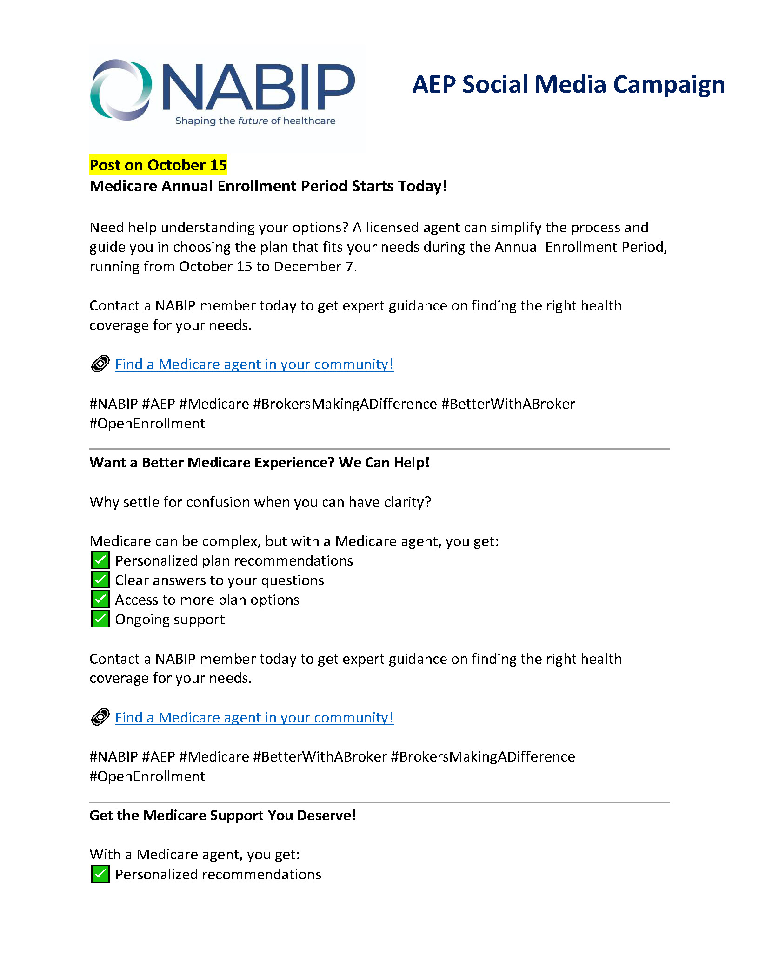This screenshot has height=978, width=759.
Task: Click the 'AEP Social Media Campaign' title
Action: tap(568, 85)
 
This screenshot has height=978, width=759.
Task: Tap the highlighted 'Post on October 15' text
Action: tap(158, 165)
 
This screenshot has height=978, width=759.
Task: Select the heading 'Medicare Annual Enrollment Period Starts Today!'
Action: tap(268, 186)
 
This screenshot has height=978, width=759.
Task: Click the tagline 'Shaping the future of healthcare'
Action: tap(255, 121)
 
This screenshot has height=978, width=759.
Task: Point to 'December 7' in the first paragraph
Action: tap(314, 267)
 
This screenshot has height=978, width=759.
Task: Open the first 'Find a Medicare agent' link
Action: tap(254, 364)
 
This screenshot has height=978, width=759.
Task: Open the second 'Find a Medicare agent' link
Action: tap(254, 718)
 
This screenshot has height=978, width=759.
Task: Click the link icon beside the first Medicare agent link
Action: tap(100, 364)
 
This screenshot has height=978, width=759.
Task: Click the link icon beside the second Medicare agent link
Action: tap(100, 717)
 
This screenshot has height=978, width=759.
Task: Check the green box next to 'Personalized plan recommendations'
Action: tap(100, 560)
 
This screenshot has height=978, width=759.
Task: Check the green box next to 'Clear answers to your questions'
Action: tap(100, 580)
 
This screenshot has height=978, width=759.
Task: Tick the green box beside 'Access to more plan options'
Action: tap(100, 600)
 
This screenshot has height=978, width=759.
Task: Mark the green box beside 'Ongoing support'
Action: tap(100, 619)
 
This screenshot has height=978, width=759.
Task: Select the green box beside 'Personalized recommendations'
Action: tap(100, 874)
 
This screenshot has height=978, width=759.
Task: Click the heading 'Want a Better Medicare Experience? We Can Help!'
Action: tap(259, 463)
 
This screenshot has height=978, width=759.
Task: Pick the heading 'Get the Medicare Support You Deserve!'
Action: tap(222, 816)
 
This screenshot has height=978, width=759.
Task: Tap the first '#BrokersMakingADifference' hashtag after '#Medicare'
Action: tap(345, 404)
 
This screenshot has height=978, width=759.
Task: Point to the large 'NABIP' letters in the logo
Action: tap(259, 87)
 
